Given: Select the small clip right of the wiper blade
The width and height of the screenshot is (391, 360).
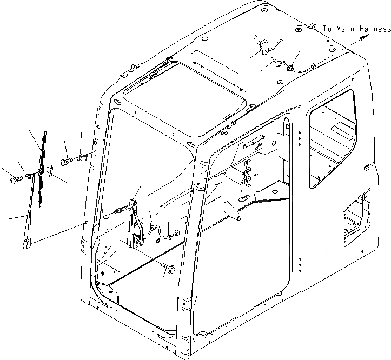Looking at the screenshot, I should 49,171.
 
